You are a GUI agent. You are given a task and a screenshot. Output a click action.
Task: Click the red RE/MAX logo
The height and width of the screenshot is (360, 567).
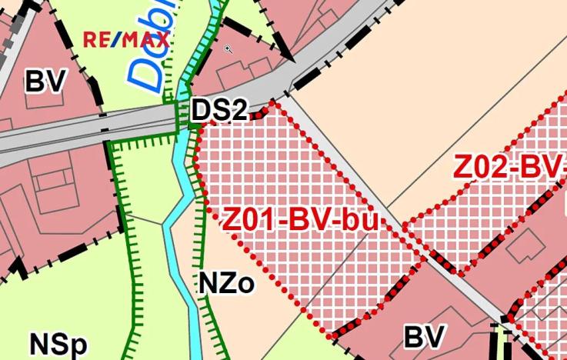click(126, 39)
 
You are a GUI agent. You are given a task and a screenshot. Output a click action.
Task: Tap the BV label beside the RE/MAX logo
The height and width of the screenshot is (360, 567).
click(45, 80)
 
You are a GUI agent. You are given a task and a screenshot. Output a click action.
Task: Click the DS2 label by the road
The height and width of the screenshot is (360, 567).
click(219, 110)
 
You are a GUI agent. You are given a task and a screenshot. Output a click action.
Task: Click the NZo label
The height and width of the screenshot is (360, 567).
click(226, 284)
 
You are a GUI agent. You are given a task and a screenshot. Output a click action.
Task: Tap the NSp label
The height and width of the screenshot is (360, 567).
click(58, 344)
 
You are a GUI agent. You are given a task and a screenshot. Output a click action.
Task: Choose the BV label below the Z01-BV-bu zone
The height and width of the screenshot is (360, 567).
click(425, 337)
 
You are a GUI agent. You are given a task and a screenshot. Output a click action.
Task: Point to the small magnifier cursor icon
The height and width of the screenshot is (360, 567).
click(228, 50)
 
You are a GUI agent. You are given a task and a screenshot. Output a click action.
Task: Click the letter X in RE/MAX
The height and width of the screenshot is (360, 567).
click(162, 39)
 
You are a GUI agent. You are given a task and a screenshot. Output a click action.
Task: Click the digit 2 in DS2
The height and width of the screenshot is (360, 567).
click(239, 110)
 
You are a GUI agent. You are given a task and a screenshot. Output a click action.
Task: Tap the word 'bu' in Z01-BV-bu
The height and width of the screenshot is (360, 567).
click(360, 220)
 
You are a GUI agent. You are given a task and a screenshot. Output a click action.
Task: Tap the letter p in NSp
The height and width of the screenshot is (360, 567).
click(76, 347)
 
